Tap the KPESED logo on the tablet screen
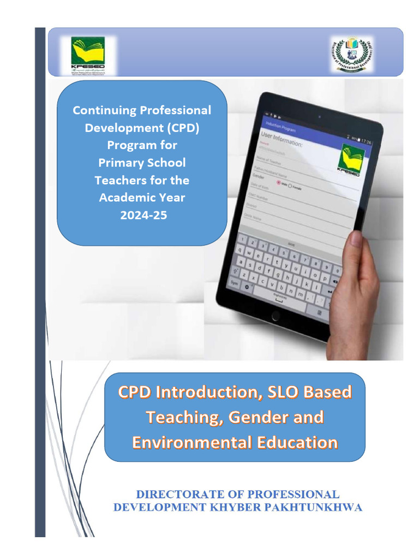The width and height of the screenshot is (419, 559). click(x=352, y=158)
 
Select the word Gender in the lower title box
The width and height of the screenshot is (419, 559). click(x=259, y=417)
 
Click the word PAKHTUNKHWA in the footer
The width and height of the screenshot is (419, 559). click(x=315, y=507)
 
